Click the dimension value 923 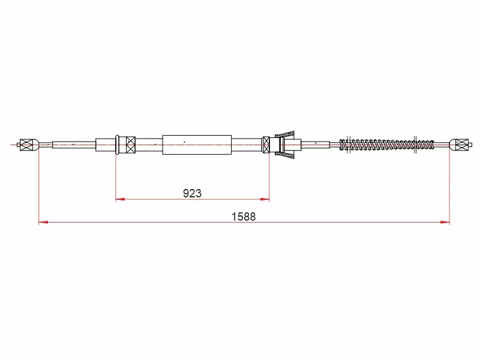[x=192, y=193]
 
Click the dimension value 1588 [x=244, y=217]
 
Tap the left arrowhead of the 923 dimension [x=120, y=199]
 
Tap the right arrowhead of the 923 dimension [x=265, y=199]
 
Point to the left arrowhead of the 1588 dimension [x=43, y=222]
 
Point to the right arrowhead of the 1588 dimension [x=445, y=222]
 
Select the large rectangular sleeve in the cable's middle [x=197, y=145]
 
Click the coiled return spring [x=386, y=145]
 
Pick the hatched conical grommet [x=284, y=145]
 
